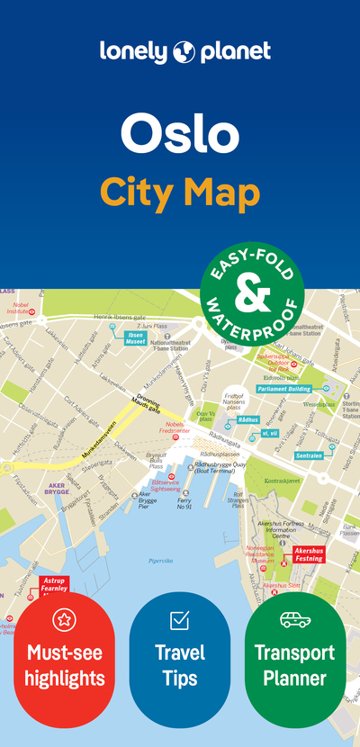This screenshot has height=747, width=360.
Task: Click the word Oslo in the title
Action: click(x=180, y=132)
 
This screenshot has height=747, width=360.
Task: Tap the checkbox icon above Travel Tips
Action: click(x=179, y=619)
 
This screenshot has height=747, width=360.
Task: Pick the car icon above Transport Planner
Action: click(x=294, y=619)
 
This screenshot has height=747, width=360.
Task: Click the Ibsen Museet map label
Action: click(x=135, y=340)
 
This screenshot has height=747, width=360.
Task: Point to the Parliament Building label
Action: click(x=283, y=389)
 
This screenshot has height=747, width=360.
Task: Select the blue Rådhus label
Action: click(x=248, y=419)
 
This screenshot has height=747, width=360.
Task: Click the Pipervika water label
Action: click(x=160, y=561)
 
